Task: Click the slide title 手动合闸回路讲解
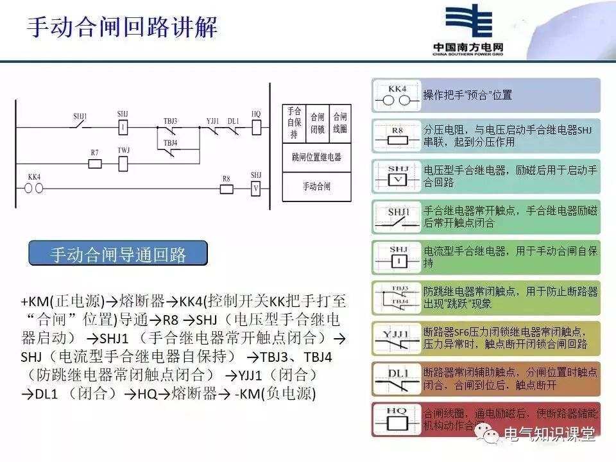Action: coord(122,27)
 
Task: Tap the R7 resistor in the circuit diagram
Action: coord(94,164)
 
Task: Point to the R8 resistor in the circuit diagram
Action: coord(226,189)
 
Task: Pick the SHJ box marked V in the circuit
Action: coord(256,188)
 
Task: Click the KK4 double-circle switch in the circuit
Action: coord(33,189)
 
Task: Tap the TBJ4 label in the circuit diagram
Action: coord(170,142)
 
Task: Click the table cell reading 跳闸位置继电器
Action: coord(316,157)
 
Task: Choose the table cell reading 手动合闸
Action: coord(316,187)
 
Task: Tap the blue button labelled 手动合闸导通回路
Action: coord(118,254)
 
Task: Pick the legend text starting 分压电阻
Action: coord(507,135)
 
